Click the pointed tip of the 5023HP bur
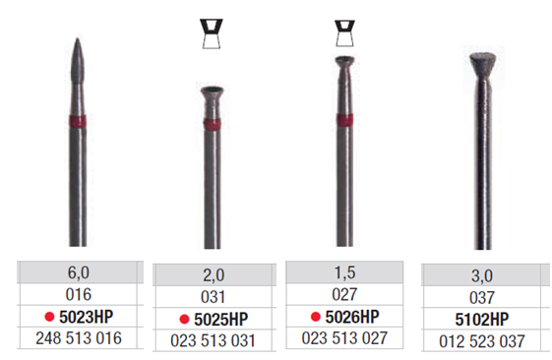coord(78,38)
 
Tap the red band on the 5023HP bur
coord(78,121)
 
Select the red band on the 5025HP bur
coord(213,124)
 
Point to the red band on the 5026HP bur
coord(344,120)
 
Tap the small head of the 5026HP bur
coord(344,63)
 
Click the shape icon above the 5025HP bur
coord(212,33)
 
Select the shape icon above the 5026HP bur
coord(344,33)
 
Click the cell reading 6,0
coord(78,272)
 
